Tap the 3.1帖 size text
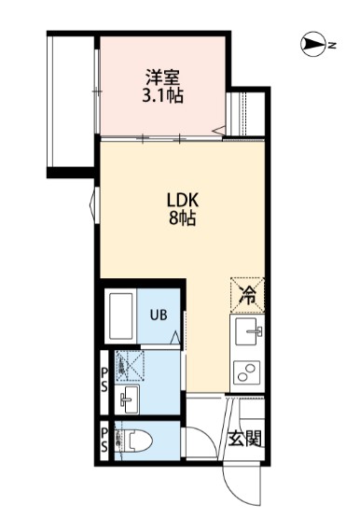[x=162, y=95]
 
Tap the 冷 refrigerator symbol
[x=247, y=297]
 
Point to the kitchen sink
[x=248, y=329]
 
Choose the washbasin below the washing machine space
[x=128, y=400]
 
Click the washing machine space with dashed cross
[x=130, y=365]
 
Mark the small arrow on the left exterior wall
[x=91, y=200]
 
